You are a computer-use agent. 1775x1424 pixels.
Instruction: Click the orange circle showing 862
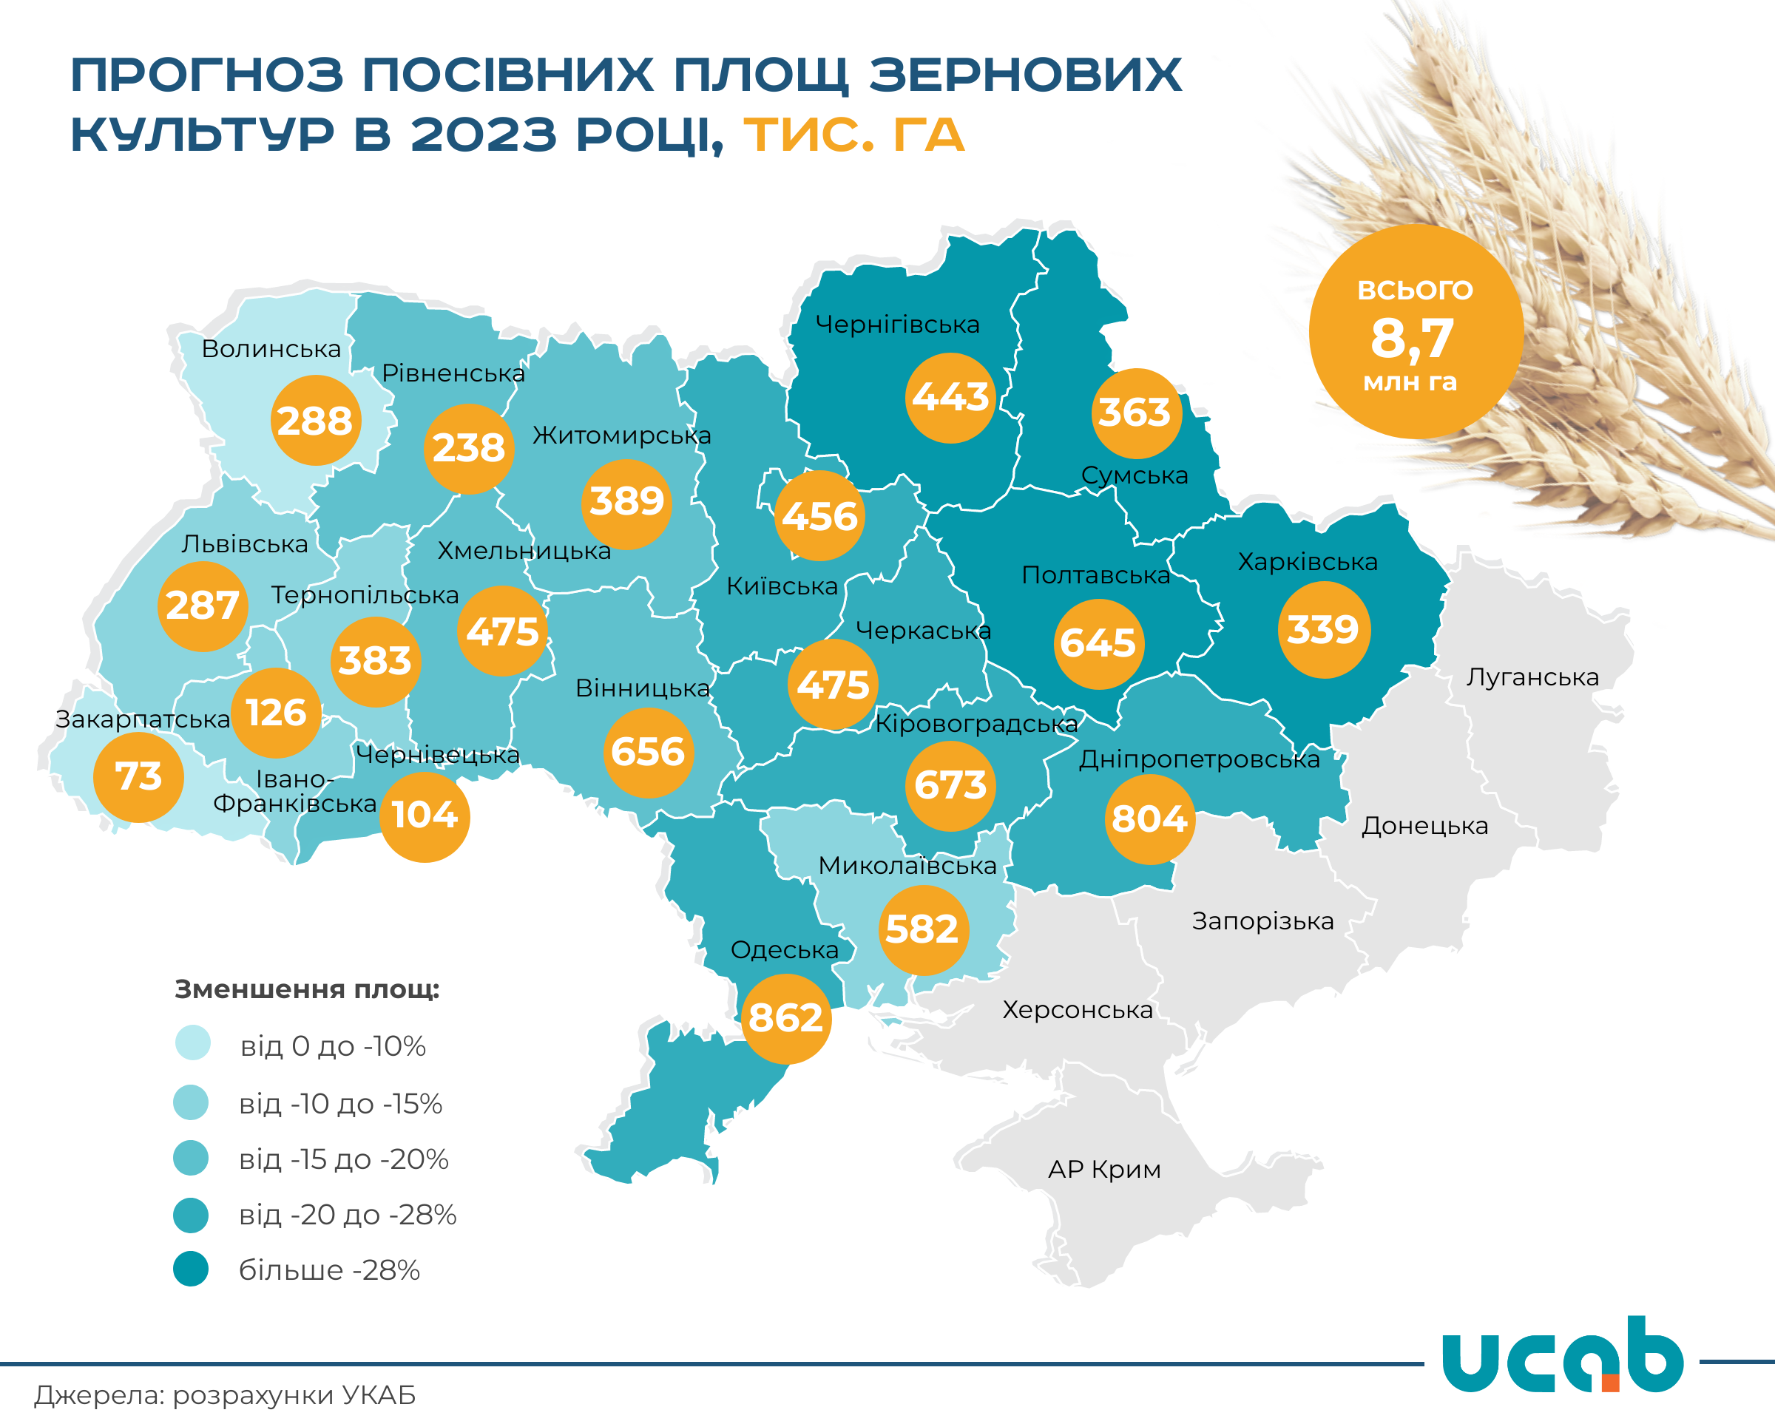tap(785, 1018)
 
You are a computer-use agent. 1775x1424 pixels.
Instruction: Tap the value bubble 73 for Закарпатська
tap(138, 776)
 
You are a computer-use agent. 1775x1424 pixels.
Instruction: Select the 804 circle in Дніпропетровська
tap(1149, 819)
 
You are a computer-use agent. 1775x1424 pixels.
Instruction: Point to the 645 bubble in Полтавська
tap(1098, 643)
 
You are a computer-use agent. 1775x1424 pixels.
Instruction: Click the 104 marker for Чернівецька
tap(424, 816)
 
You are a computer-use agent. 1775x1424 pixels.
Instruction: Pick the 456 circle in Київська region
tap(820, 516)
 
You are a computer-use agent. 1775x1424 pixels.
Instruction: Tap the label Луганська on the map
tap(1532, 677)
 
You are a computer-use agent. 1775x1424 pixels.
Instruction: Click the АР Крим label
tap(1104, 1169)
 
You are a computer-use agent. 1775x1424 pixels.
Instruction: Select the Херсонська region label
tap(1077, 1010)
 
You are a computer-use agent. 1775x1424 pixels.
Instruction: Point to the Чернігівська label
tap(897, 325)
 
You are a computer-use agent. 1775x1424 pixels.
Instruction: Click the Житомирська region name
tap(621, 435)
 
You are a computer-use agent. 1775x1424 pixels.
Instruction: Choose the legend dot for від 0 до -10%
tap(192, 1043)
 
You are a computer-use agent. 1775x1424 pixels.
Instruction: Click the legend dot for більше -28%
tap(191, 1269)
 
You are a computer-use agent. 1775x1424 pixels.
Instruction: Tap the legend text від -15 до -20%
tap(343, 1159)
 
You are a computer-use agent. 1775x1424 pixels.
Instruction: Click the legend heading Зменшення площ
tap(307, 989)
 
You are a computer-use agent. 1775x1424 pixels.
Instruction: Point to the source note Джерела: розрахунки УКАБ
tap(225, 1395)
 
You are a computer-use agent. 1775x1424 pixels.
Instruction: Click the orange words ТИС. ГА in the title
tap(853, 135)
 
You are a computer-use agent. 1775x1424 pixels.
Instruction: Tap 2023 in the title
tap(483, 135)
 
